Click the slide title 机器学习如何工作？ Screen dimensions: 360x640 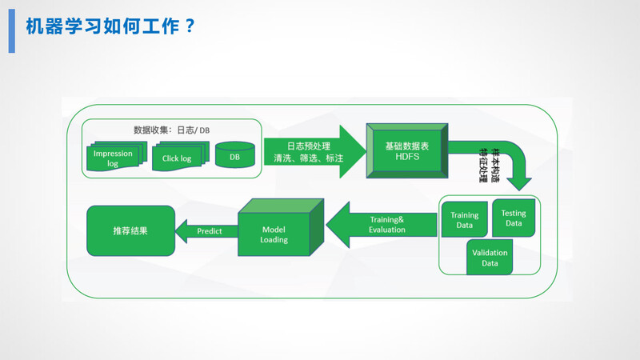tap(110, 26)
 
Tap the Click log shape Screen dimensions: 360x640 tap(178, 158)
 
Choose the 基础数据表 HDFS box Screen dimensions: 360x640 tap(407, 151)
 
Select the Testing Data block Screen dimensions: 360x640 tap(514, 218)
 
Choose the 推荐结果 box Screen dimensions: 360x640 tap(130, 230)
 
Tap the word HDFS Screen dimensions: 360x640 tap(407, 158)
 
